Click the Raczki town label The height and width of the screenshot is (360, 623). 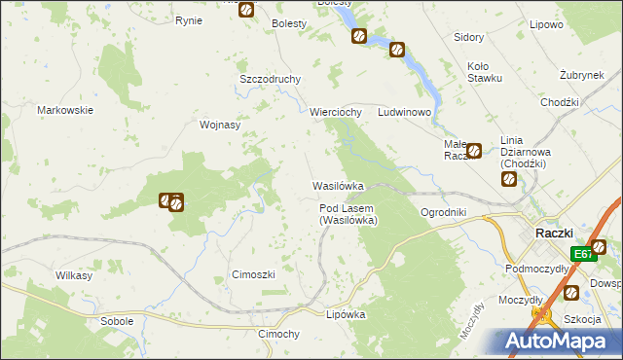[558, 233]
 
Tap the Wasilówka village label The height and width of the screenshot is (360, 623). [338, 185]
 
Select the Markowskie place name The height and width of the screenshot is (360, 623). [65, 110]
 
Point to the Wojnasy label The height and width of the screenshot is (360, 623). [219, 125]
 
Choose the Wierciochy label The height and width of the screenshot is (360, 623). [336, 112]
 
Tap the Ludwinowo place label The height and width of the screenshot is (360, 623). [404, 112]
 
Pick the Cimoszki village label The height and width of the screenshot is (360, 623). [253, 274]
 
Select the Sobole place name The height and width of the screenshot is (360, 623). [117, 320]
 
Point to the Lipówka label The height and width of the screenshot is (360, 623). [345, 314]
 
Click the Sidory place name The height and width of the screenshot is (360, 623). [469, 37]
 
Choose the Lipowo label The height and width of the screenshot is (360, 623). [571, 24]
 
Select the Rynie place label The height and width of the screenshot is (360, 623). [189, 20]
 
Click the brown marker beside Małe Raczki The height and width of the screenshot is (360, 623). [474, 150]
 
